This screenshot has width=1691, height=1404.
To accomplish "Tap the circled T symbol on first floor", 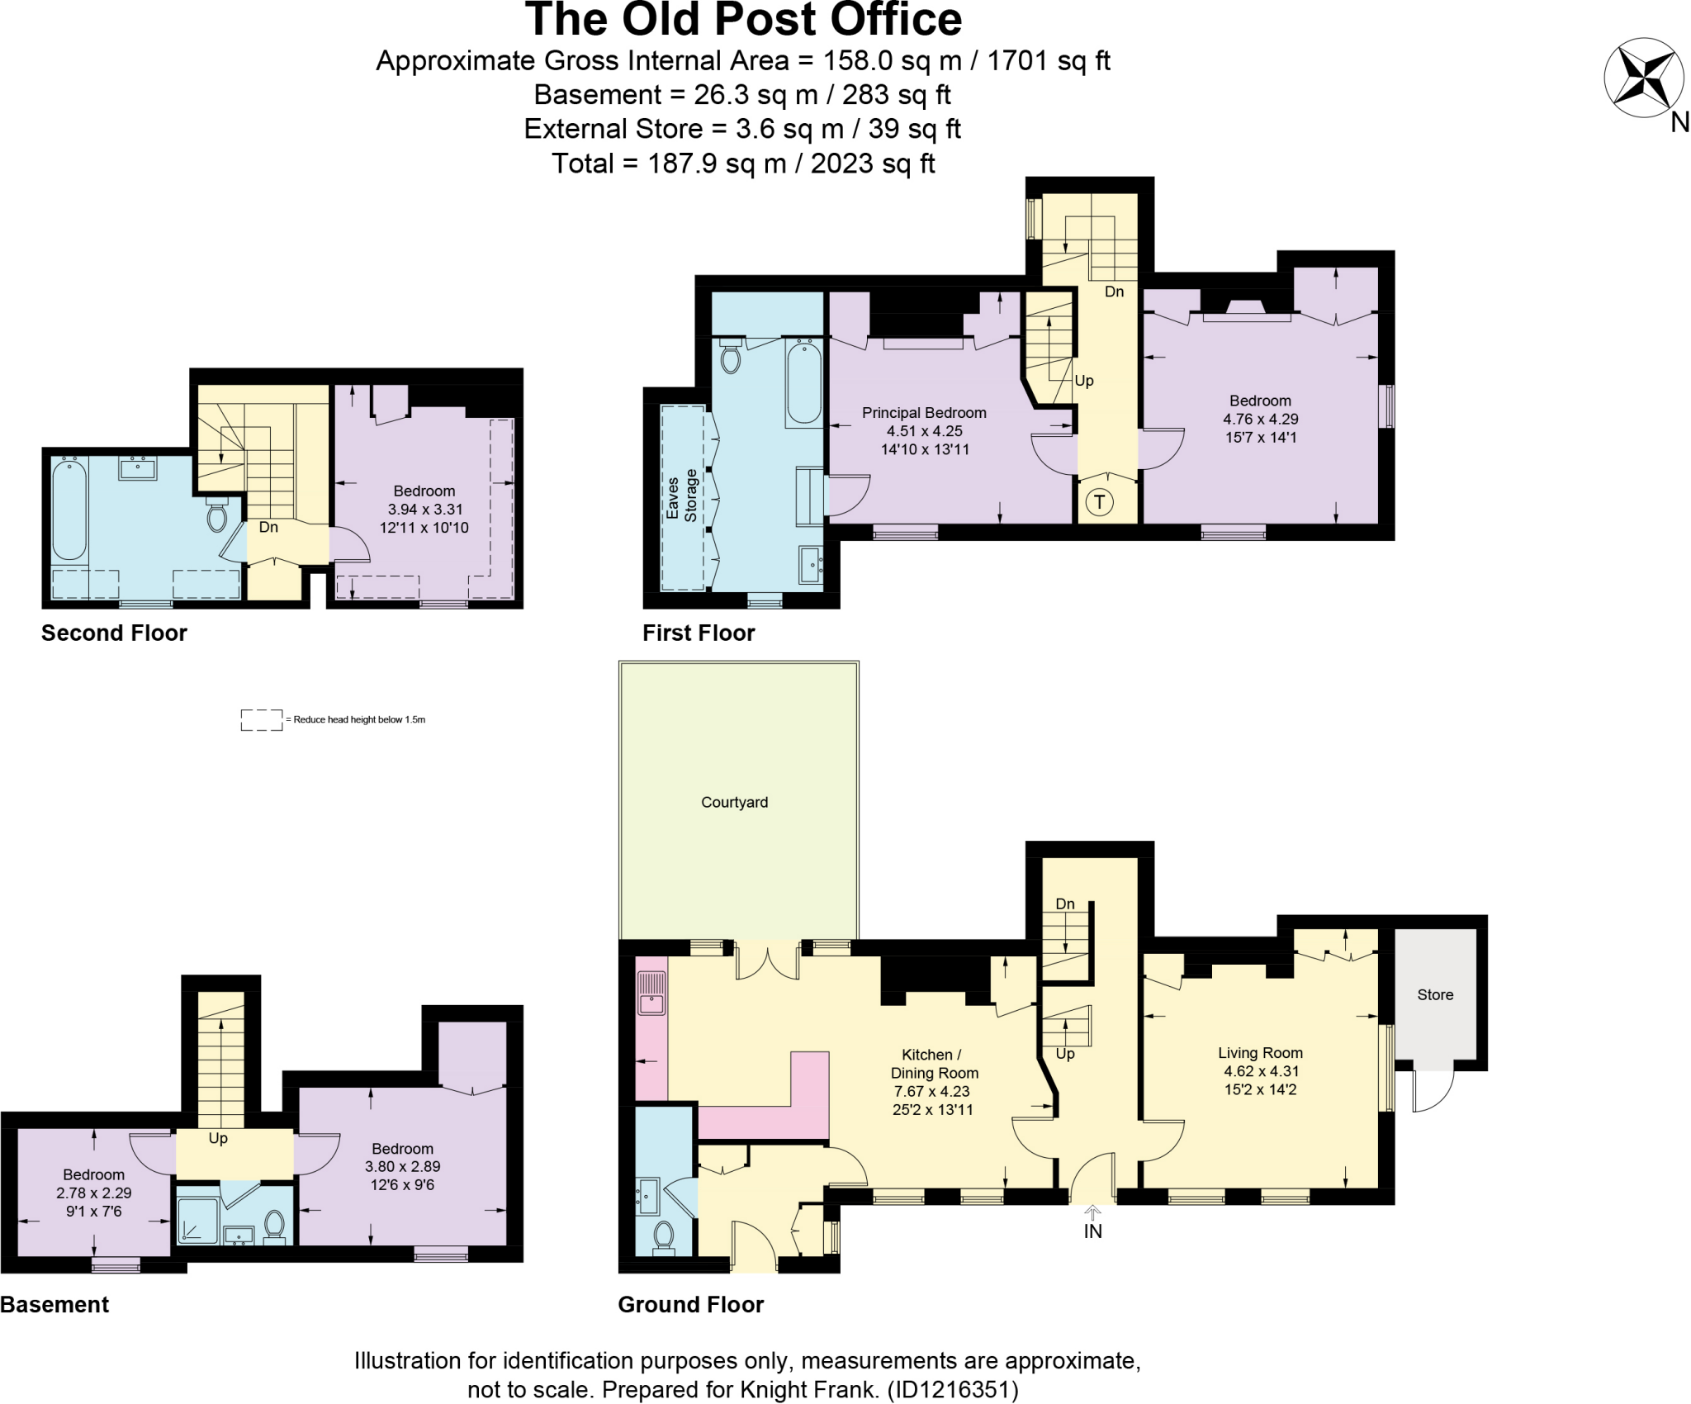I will pos(1099,501).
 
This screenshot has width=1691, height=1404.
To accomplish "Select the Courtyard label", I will pos(734,802).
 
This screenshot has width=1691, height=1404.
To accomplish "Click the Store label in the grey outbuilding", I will pos(1435,994).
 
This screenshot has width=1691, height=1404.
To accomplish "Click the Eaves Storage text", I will pos(681,496).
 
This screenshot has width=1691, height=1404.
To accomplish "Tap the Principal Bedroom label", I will pos(924,412).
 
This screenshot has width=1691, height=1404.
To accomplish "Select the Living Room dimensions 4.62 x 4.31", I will pos(1261,1071).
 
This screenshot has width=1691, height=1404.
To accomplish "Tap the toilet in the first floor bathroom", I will pos(730,358).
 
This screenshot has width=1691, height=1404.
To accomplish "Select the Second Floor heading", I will pos(114,633).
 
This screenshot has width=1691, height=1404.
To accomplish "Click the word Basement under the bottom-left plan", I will pos(54,1304).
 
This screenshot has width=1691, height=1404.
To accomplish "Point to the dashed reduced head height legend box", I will pos(261,719).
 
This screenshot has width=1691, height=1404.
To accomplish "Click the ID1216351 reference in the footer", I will pos(952,1390).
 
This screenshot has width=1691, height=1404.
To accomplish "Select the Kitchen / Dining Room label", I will pos(934,1064).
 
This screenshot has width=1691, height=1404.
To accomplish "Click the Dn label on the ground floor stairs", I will pos(1065,904).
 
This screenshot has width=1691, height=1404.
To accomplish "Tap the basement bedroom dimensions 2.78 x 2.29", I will pos(94,1193).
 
